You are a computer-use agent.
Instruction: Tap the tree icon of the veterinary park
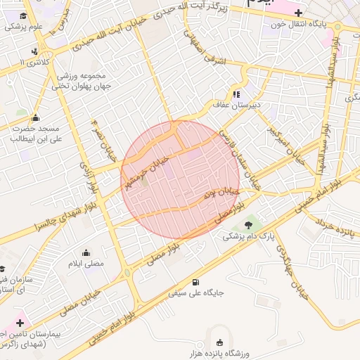coord(248,225)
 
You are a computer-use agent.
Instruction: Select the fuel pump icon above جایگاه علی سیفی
coord(195,281)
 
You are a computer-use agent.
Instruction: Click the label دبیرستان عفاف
coord(237,105)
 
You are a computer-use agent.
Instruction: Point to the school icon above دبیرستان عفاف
coord(237,94)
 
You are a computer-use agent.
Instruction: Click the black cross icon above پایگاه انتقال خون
coord(299,12)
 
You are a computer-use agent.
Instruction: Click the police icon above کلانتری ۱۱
coord(34,51)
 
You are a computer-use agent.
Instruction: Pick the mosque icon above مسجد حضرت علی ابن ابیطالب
coord(35,117)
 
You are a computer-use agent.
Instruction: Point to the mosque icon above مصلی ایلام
coord(86,252)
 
